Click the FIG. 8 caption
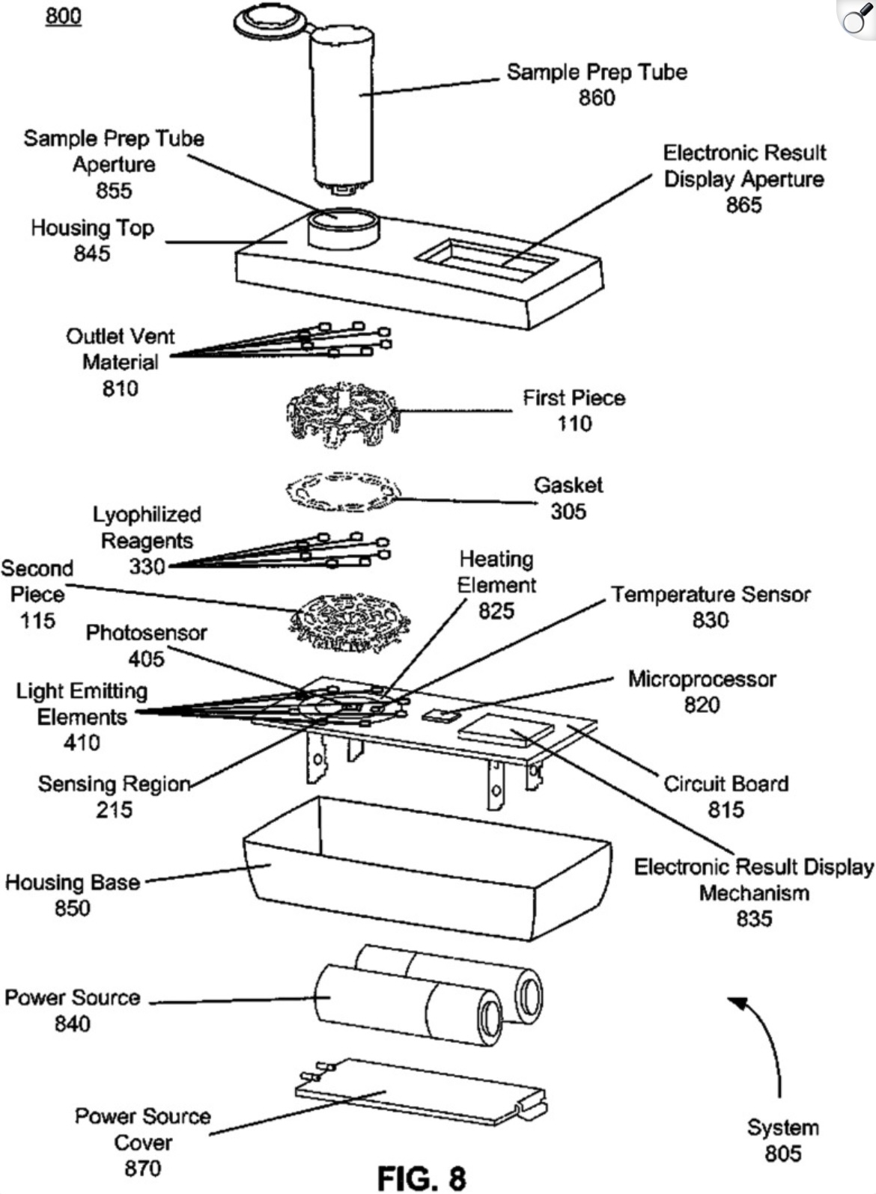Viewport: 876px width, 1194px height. point(422,1178)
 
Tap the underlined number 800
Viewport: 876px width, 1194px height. point(64,16)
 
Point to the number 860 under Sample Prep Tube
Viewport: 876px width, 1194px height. point(597,98)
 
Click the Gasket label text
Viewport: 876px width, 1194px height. point(568,486)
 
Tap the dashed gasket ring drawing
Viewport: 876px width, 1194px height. point(344,492)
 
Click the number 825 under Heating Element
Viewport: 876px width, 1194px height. point(496,611)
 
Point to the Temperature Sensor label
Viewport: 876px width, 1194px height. point(711,595)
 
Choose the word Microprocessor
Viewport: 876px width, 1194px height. point(702,679)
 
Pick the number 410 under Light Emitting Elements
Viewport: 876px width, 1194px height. point(82,743)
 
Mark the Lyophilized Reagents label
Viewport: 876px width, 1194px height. point(147,527)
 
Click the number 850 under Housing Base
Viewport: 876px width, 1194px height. point(73,908)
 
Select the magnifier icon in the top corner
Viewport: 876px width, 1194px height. point(855,19)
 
